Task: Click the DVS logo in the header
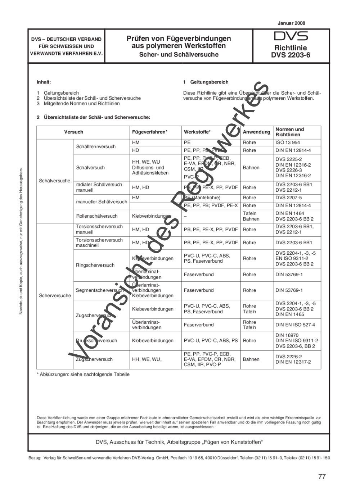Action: point(291,36)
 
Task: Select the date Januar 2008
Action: point(291,23)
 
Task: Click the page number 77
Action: point(322,476)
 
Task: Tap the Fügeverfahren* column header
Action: point(150,132)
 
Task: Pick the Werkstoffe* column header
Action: point(197,132)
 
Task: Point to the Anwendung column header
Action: point(256,132)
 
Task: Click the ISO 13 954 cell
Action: point(288,142)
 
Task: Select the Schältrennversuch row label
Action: point(96,146)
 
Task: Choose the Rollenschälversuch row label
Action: point(96,216)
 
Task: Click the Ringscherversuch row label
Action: point(95,265)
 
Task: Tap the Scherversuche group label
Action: point(55,295)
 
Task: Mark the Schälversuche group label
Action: point(55,181)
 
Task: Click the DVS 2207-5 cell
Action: point(289,198)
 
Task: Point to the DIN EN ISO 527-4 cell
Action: point(295,325)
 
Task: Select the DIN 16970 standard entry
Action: point(287,335)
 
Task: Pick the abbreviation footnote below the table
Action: point(83,374)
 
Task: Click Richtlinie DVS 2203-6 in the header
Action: point(291,51)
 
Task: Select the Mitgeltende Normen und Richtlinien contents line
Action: point(82,103)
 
